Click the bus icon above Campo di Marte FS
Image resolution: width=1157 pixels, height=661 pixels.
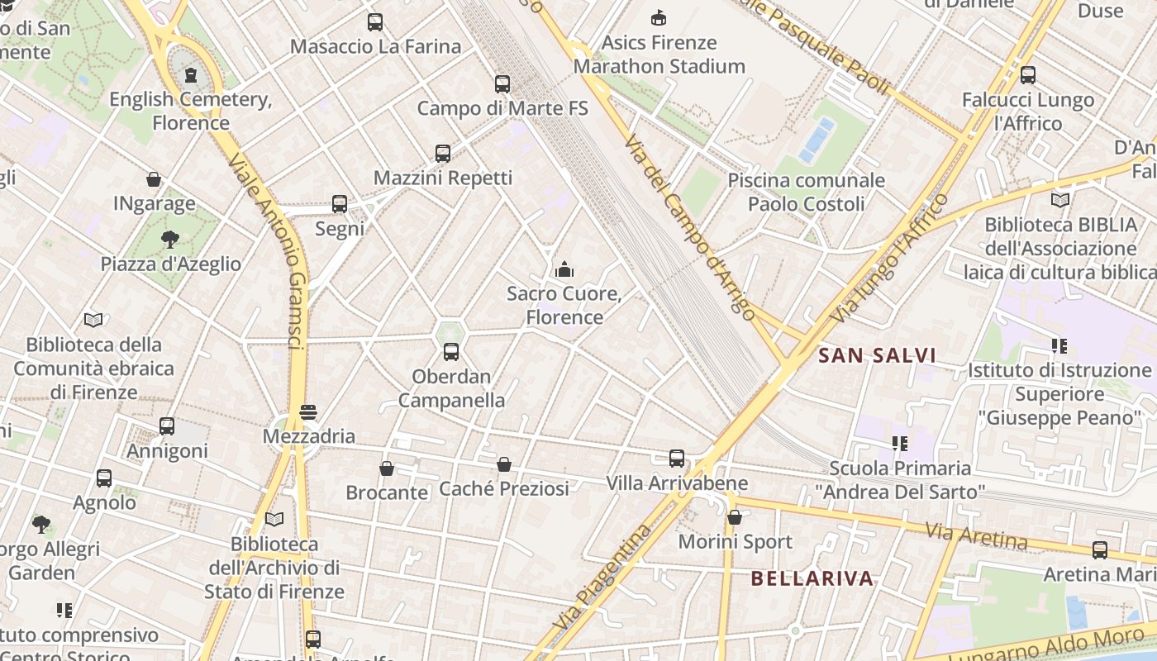click(x=502, y=83)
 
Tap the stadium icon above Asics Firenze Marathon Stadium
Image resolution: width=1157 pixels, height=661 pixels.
click(x=659, y=17)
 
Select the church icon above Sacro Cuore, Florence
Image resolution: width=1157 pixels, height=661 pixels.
click(x=564, y=269)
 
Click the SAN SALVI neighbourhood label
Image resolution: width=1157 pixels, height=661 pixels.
click(x=877, y=356)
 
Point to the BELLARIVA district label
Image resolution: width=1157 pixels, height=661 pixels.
click(x=812, y=578)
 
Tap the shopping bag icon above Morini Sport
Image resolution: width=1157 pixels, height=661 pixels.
click(x=735, y=518)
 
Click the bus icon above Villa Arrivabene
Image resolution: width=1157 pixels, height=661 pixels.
click(x=677, y=459)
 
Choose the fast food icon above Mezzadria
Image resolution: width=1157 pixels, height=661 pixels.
click(x=308, y=411)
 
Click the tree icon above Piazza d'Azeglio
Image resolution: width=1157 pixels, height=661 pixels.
click(x=170, y=240)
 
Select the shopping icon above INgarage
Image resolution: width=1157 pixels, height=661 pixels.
click(x=154, y=179)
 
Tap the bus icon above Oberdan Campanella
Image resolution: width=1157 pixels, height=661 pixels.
click(x=451, y=352)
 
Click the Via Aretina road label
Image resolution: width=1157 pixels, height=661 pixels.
click(x=975, y=536)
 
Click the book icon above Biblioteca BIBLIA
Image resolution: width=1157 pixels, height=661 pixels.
click(x=1060, y=200)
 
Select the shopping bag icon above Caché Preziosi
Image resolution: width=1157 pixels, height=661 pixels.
click(x=504, y=464)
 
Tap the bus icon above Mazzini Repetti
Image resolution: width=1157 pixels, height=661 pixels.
click(x=443, y=153)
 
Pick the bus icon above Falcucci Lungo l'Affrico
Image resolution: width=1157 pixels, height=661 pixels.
click(x=1028, y=75)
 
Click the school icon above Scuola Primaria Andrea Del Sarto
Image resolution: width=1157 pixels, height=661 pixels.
click(x=900, y=444)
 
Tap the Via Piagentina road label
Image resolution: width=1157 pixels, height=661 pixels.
click(x=599, y=578)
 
